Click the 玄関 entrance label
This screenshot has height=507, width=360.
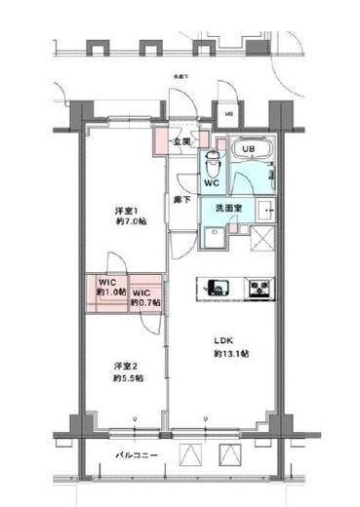click(182, 142)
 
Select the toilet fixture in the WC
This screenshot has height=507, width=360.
click(209, 163)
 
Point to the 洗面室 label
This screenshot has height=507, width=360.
click(230, 208)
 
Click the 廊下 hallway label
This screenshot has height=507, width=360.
click(181, 199)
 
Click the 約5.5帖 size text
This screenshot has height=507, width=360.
click(127, 377)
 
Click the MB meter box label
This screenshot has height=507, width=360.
click(228, 114)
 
